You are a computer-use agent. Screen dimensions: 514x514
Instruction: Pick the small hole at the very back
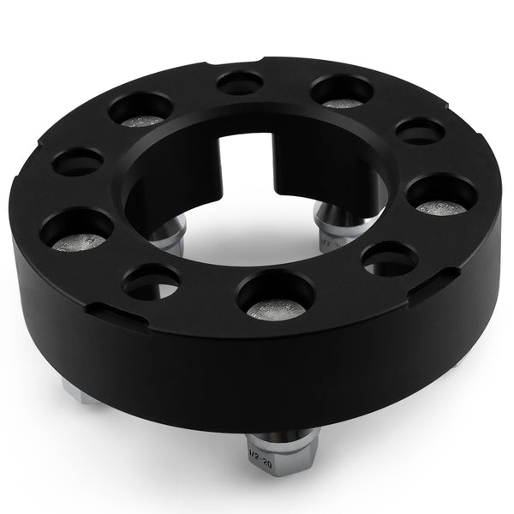click(240, 83)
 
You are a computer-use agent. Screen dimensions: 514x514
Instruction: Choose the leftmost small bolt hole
click(78, 161)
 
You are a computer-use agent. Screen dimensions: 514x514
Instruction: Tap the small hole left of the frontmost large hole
click(151, 280)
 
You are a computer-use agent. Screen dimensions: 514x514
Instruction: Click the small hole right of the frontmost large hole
click(390, 259)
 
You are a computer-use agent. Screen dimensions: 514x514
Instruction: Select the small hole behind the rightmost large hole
click(421, 130)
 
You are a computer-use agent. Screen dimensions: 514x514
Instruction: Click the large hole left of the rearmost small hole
click(141, 109)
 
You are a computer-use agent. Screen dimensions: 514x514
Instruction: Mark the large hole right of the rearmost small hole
click(341, 91)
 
